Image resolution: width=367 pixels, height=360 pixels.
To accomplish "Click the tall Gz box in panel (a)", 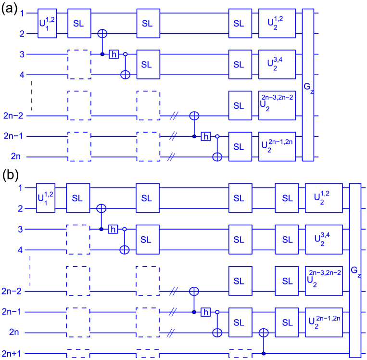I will click(x=308, y=86).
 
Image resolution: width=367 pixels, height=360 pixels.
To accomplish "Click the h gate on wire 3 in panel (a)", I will click(x=114, y=54).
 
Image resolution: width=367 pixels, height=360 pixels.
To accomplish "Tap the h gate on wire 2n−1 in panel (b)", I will click(x=205, y=312).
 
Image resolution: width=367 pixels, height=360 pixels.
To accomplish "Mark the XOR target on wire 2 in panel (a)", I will click(x=102, y=34).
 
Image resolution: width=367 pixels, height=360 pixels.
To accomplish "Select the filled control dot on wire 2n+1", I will click(x=264, y=354).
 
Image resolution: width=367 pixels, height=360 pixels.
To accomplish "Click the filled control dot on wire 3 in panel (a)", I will click(x=102, y=54).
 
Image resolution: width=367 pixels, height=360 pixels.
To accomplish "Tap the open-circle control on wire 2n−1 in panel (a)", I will click(x=217, y=136).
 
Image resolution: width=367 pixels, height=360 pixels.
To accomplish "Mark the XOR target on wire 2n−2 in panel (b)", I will click(x=194, y=291).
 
